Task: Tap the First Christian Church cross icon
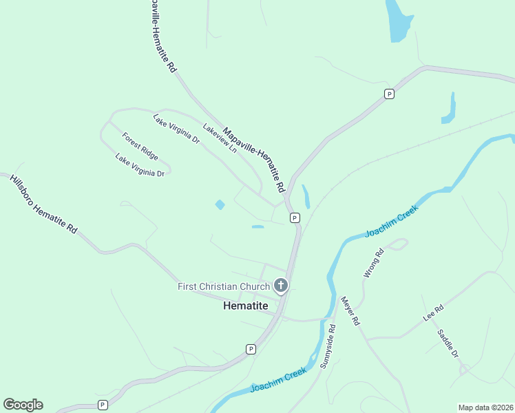280,285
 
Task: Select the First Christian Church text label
224,286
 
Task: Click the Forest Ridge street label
140,146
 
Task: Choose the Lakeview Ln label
219,138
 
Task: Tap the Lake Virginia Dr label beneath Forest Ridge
140,166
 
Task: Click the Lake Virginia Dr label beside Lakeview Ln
176,129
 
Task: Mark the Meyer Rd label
350,310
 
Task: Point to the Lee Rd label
432,315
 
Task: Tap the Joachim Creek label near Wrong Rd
392,222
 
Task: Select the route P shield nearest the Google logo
103,405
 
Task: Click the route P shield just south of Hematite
251,349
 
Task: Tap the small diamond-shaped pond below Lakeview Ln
220,204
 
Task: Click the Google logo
23,405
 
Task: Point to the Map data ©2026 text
485,407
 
